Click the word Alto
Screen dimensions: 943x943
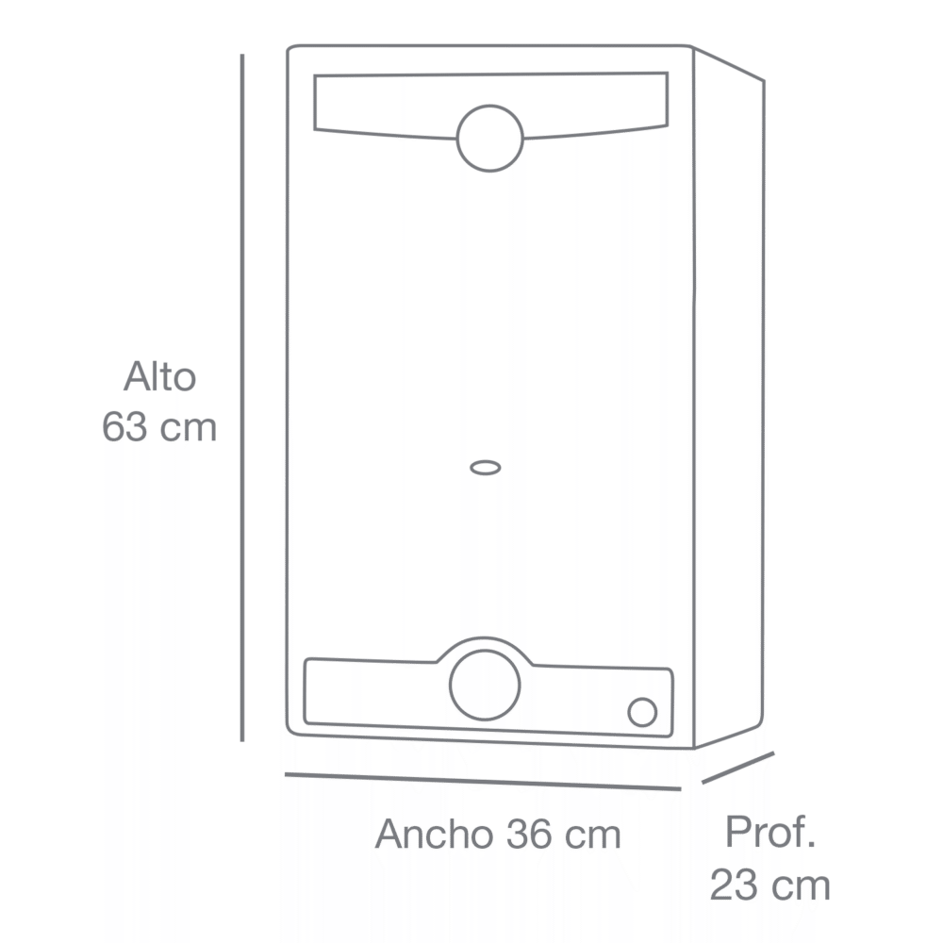(159, 378)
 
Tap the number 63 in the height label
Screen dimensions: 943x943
(124, 427)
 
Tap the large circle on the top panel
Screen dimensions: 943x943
(489, 138)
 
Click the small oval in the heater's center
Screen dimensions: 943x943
(485, 467)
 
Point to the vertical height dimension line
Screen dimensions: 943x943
(242, 396)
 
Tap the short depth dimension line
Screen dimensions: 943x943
(737, 768)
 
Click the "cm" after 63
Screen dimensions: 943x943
(188, 428)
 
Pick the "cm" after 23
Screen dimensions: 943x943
(800, 887)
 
